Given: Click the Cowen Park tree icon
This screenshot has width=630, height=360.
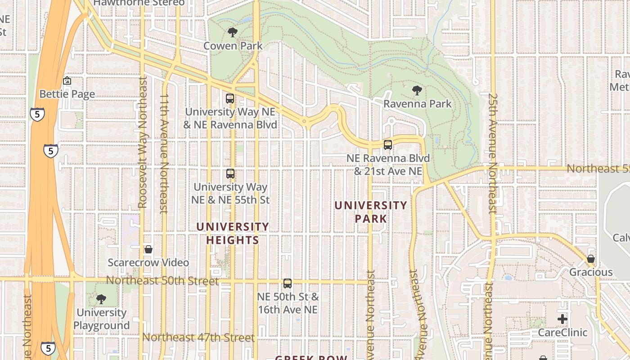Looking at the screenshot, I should pos(233,32).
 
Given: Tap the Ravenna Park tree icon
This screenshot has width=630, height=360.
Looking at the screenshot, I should pos(417,90).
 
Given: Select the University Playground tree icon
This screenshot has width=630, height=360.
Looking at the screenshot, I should pos(101,299).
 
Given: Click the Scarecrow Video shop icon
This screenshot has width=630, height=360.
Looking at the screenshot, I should pos(148,249).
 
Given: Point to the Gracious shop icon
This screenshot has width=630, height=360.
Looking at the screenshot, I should pos(591,259).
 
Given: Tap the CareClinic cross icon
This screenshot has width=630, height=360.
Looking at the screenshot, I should pos(562,319).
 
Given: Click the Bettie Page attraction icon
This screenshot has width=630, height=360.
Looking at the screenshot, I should pos(67,81).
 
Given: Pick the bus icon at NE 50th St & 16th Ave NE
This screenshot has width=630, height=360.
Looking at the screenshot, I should pos(288,283).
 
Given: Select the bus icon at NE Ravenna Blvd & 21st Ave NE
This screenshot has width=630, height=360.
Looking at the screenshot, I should pos(388,145).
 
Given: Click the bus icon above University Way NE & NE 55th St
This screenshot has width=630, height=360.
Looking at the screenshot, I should pos(230,173).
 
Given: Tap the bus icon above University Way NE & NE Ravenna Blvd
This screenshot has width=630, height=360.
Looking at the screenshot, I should pos(230,99).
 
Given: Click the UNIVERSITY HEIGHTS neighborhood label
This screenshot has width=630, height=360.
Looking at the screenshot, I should pos(233,234).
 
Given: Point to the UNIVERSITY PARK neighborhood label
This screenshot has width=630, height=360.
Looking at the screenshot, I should pos(371,212).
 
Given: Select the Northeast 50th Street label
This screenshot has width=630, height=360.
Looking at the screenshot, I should pos(162,281).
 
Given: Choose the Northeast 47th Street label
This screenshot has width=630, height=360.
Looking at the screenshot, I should pos(198,337).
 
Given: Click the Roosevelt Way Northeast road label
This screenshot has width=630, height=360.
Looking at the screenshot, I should pos(143,142).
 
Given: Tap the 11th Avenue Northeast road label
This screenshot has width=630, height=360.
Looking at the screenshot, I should pos(164,153).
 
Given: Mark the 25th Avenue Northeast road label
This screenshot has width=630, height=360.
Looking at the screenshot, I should pos(493,153).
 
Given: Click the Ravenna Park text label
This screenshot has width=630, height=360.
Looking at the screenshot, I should pos(418,104).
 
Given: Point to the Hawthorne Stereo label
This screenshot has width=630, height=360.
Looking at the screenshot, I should pos(139,3).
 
